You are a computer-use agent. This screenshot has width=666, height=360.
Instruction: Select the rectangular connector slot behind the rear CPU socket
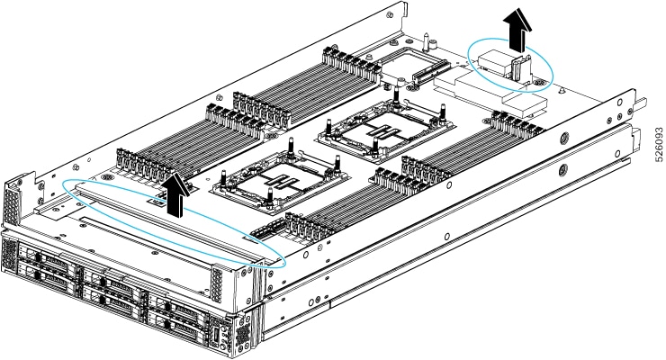pyautogui.click(x=418, y=68)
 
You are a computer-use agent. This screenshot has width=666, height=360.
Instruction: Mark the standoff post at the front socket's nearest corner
pyautogui.click(x=270, y=209)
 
